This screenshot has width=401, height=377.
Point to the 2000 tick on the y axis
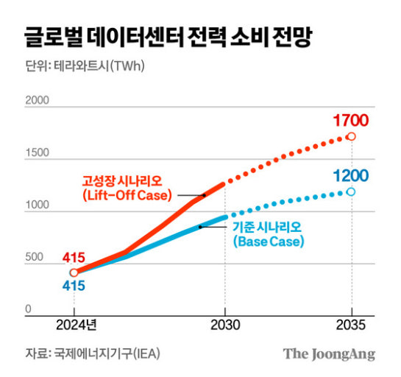click(x=38, y=100)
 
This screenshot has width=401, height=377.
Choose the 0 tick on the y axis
click(x=28, y=309)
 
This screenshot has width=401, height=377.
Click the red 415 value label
click(x=74, y=258)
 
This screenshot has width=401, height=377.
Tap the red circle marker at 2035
click(x=352, y=136)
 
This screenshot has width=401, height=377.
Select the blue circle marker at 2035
click(x=352, y=191)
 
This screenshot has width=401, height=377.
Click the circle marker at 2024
click(x=74, y=272)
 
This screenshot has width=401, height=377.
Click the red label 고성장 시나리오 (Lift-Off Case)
click(x=127, y=188)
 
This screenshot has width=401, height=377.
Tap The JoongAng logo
click(x=329, y=354)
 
